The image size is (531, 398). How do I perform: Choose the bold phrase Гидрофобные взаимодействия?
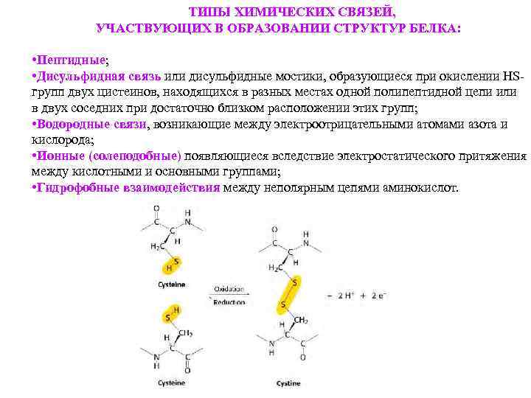pos(128,188)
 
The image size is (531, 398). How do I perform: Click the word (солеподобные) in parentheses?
pos(135,156)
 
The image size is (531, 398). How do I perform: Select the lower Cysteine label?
pos(171,383)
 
